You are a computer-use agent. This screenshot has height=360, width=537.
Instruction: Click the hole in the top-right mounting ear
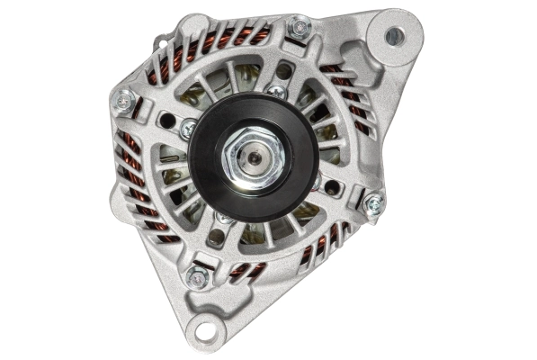point(394,36)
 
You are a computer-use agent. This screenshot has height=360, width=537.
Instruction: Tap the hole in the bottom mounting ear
point(206,329)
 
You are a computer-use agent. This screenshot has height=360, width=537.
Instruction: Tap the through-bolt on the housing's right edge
point(371,202)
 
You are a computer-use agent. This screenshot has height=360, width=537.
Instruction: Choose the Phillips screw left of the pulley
point(188,130)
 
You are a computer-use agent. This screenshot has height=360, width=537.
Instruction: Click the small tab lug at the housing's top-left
point(161,40)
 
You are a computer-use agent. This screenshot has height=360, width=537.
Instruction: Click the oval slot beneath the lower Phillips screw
point(215,238)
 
